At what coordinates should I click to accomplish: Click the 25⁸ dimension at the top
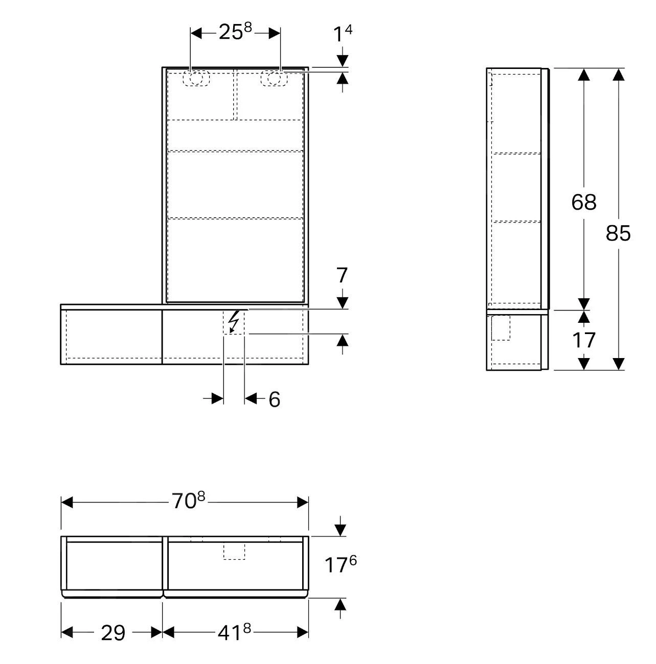[x=235, y=32]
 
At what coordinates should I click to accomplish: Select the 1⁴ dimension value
[x=342, y=34]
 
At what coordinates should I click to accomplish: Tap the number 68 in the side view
[x=583, y=202]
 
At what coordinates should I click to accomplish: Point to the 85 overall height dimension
[x=618, y=233]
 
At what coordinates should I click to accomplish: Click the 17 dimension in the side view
[x=583, y=340]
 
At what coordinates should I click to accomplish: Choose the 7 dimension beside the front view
[x=342, y=276]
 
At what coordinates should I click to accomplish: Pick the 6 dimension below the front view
[x=275, y=399]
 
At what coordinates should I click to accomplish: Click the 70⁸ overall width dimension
[x=188, y=501]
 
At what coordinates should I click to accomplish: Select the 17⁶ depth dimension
[x=341, y=565]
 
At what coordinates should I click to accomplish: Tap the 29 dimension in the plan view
[x=113, y=633]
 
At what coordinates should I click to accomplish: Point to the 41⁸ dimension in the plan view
[x=235, y=633]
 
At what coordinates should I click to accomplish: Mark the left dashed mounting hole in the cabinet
[x=196, y=78]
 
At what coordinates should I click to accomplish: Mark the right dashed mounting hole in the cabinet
[x=272, y=78]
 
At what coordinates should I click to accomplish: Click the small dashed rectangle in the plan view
[x=234, y=551]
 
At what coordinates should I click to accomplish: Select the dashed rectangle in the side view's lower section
[x=501, y=328]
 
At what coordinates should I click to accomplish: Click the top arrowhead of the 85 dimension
[x=619, y=75]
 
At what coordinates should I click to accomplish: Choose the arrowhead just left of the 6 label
[x=251, y=398]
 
